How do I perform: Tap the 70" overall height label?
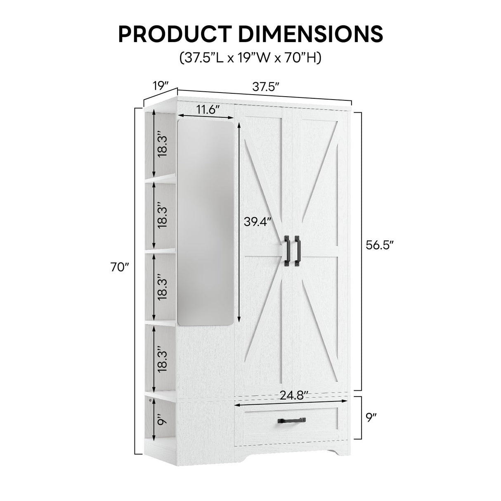click(x=120, y=267)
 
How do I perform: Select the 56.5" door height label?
click(x=380, y=245)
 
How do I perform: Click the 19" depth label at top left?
click(x=161, y=86)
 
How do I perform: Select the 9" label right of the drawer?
click(x=371, y=418)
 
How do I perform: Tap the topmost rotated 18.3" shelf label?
click(x=162, y=144)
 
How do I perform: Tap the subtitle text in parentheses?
click(x=250, y=58)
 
